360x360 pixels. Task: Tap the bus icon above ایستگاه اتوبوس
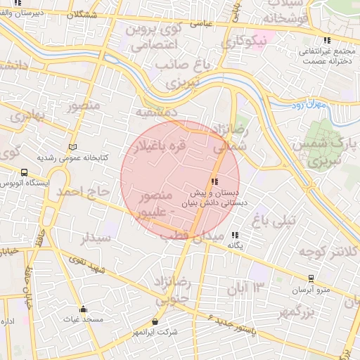25,172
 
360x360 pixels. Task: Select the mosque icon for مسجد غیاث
84,309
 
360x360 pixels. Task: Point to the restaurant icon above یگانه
235,235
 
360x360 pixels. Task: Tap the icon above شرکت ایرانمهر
155,321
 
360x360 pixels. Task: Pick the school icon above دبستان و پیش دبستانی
214,182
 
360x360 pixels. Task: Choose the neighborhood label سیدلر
96,237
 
